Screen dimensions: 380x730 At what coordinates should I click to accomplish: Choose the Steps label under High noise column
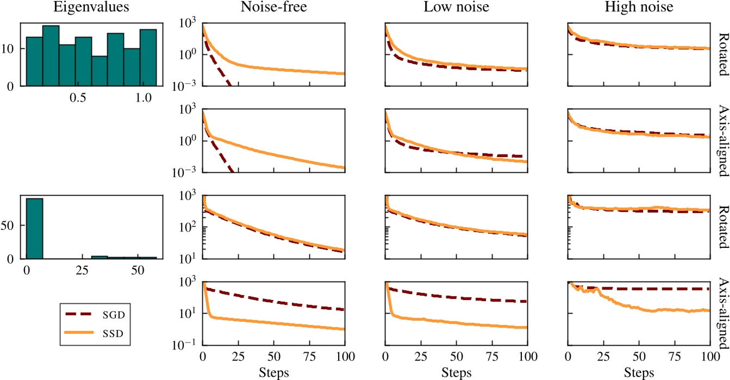point(638,372)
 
